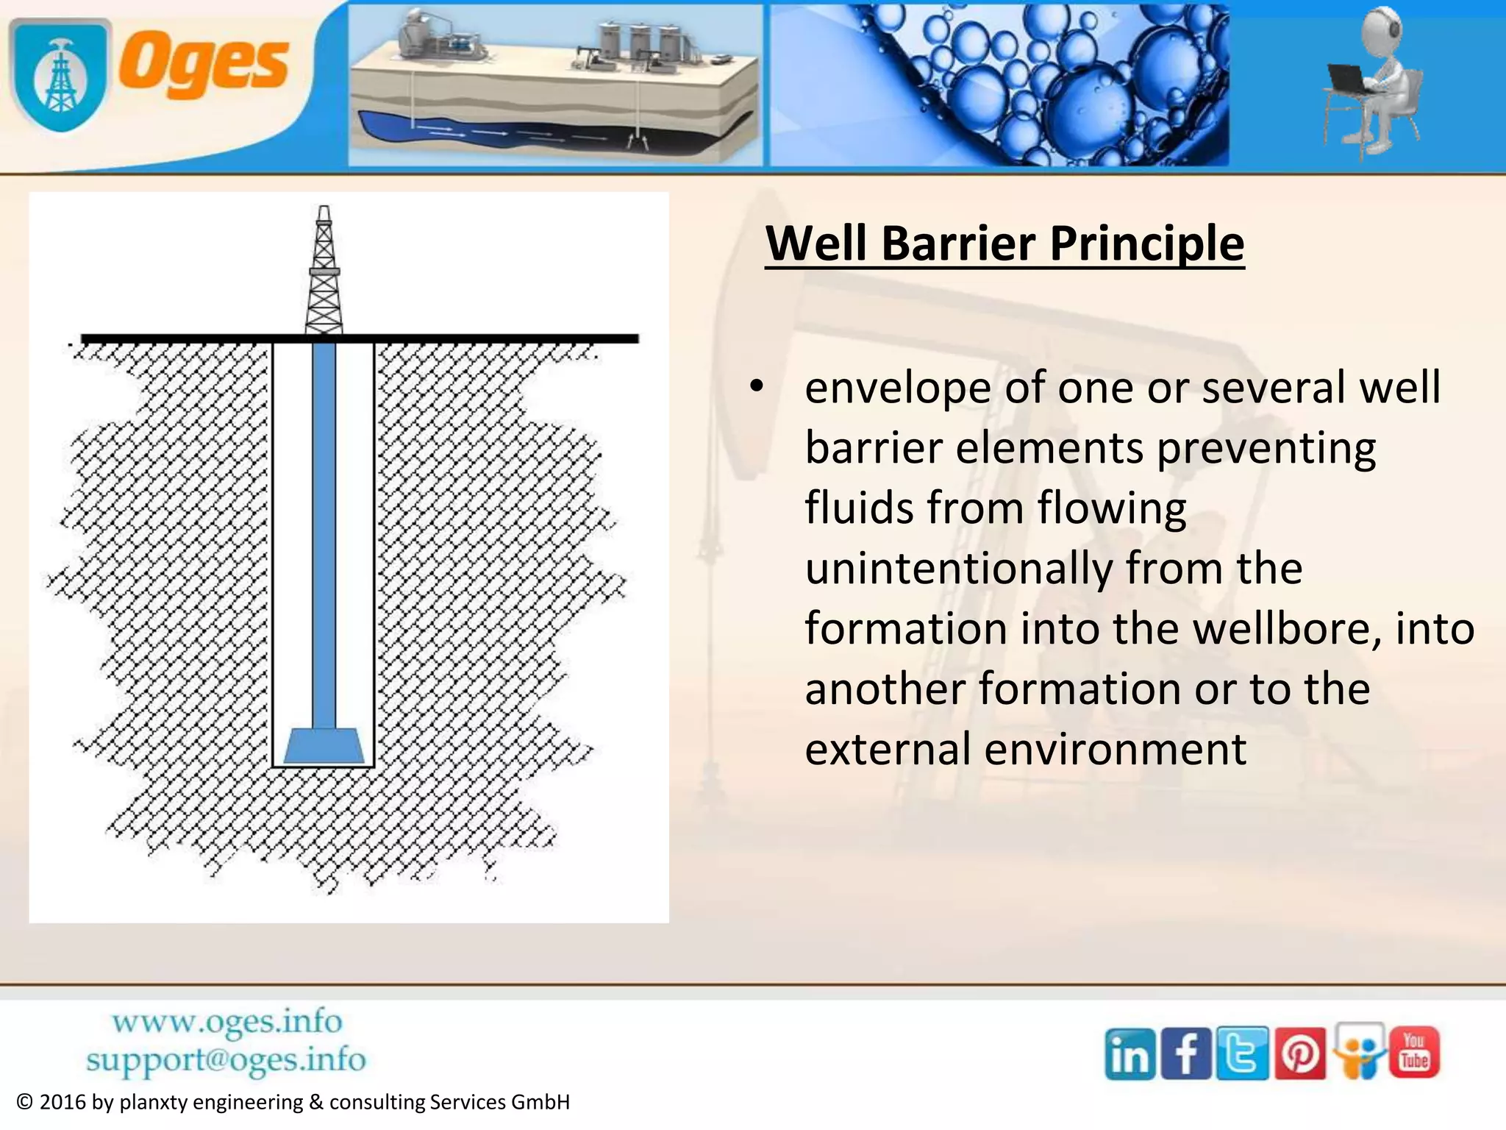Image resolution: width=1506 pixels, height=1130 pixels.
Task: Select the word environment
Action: (x=1115, y=749)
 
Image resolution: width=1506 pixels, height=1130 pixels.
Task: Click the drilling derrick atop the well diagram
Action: (x=324, y=272)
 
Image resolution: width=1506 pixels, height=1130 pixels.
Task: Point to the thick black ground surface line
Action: (x=360, y=338)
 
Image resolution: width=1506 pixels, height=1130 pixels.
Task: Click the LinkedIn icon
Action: (x=1129, y=1054)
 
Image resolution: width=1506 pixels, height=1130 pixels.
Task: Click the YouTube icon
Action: (x=1413, y=1052)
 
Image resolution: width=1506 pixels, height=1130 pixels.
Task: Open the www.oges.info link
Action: (x=227, y=1022)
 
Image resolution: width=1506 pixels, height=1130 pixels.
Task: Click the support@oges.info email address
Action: (x=226, y=1060)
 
